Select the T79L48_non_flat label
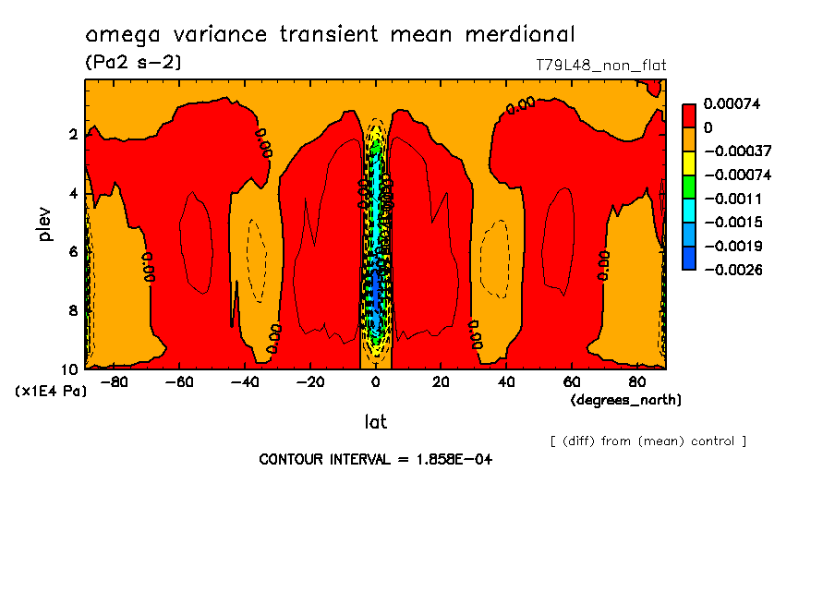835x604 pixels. click(x=600, y=65)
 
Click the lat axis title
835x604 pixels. click(x=375, y=422)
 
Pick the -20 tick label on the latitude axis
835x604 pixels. click(x=310, y=381)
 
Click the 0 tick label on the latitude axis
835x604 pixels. click(x=375, y=381)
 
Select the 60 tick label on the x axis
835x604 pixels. click(x=571, y=381)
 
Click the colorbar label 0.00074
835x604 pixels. click(x=732, y=104)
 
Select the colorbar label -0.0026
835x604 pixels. click(x=732, y=270)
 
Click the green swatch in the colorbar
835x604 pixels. click(x=689, y=187)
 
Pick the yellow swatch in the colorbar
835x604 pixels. click(x=689, y=163)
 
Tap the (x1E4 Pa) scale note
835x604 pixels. click(x=52, y=392)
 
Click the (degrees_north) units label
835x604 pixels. click(x=626, y=400)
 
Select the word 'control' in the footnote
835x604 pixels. click(x=710, y=441)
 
